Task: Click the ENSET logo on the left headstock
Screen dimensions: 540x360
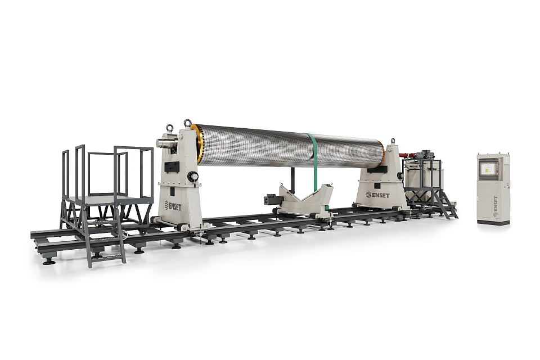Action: point(173,206)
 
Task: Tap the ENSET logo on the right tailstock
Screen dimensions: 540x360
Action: point(377,195)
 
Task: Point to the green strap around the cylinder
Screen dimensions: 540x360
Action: point(314,162)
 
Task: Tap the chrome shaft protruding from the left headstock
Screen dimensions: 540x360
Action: point(165,143)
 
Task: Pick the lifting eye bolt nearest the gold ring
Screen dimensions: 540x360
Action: point(187,123)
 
